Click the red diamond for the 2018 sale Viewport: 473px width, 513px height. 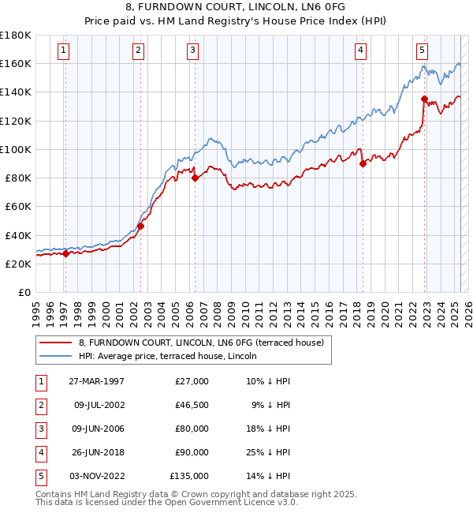(363, 164)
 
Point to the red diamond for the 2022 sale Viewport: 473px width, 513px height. (424, 99)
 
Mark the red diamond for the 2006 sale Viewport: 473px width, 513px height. (194, 178)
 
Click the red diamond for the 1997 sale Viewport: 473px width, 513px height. (65, 254)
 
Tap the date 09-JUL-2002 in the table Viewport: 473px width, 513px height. (99, 405)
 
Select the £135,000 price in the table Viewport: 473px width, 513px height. (189, 476)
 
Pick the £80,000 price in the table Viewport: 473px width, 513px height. (192, 429)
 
